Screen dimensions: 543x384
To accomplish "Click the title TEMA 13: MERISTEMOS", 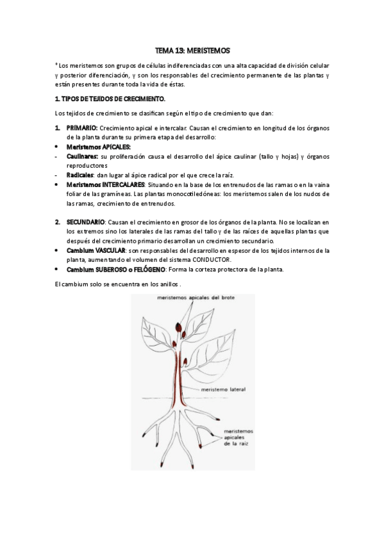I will coord(192,49).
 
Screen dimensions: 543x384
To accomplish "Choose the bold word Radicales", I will coord(80,175).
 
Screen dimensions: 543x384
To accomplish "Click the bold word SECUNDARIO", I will coord(85,221).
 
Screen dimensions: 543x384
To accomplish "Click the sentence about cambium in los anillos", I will coord(118,283).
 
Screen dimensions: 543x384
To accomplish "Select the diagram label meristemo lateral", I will coord(222,389).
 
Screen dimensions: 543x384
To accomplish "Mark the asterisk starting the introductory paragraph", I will coord(57,65).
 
